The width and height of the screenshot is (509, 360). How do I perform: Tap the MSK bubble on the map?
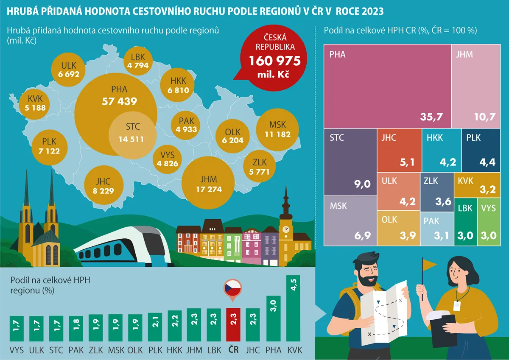[277, 129]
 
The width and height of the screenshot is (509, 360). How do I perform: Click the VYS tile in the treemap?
[488, 223]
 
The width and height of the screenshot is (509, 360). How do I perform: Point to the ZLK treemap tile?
[437, 192]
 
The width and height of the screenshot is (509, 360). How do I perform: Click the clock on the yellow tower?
[286, 229]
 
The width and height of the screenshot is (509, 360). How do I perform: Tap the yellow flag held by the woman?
[430, 265]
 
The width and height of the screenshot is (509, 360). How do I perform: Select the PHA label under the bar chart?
[273, 350]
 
